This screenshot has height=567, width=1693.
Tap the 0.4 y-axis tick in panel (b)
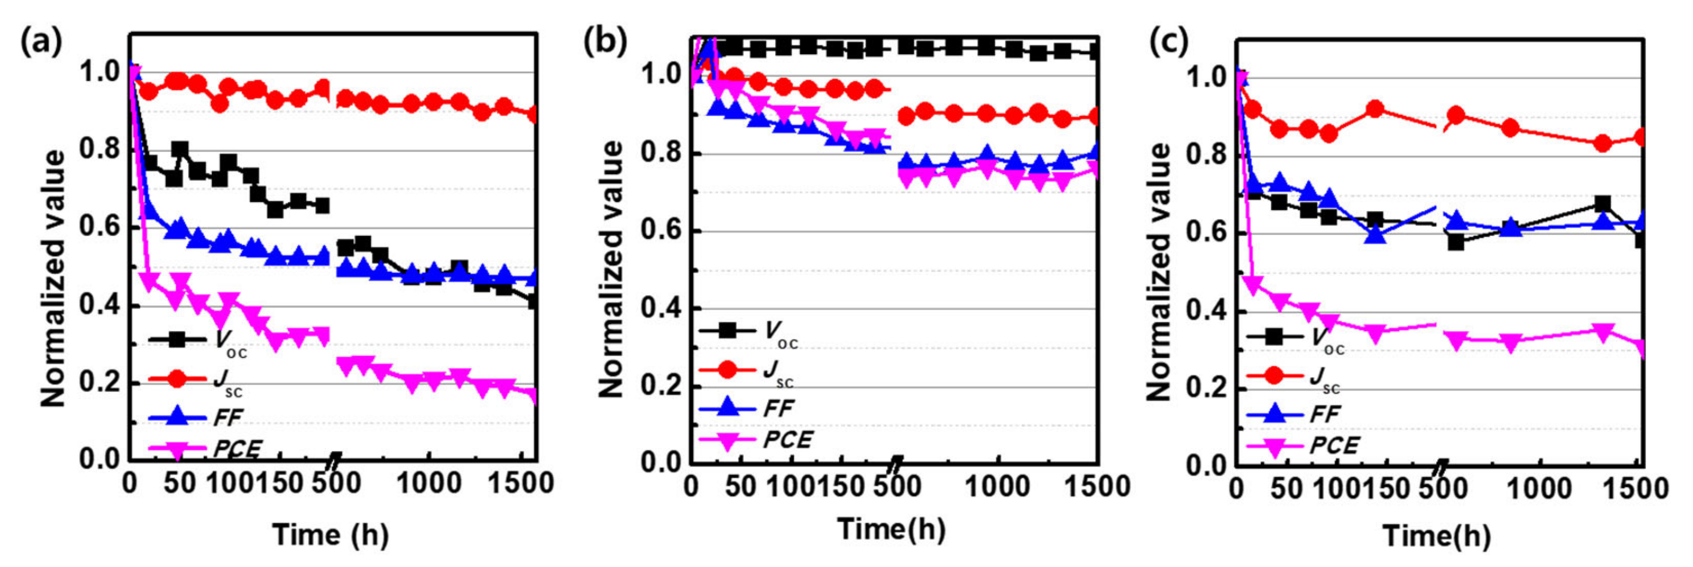click(x=660, y=309)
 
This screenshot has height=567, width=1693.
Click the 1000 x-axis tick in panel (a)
click(x=429, y=484)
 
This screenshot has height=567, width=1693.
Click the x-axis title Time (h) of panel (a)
click(x=330, y=534)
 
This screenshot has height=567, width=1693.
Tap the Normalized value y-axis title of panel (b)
click(x=611, y=269)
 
